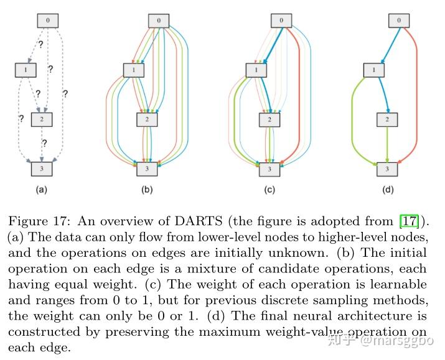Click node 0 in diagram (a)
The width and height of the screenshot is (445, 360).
pos(48,21)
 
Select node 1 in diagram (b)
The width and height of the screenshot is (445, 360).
pos(134,70)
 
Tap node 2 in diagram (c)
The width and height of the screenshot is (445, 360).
pos(269,119)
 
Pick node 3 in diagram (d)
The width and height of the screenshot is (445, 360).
pos(387,169)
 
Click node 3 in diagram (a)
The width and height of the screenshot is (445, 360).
pos(42,169)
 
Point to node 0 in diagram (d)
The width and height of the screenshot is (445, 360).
pos(399,21)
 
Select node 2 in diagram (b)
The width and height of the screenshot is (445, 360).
pos(147,119)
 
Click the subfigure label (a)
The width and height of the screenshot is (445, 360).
pos(42,190)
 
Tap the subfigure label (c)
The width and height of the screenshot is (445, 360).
pos(269,190)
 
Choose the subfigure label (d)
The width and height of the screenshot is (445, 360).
pos(388,190)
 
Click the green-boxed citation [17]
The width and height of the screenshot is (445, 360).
pos(409,221)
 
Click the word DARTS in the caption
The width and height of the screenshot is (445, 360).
pos(199,221)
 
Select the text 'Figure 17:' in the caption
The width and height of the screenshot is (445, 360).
pos(39,221)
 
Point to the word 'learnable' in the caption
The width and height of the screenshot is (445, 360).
pos(398,284)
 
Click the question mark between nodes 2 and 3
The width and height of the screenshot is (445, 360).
pos(44,143)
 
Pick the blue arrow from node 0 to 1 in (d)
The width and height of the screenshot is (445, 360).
pos(391,45)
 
